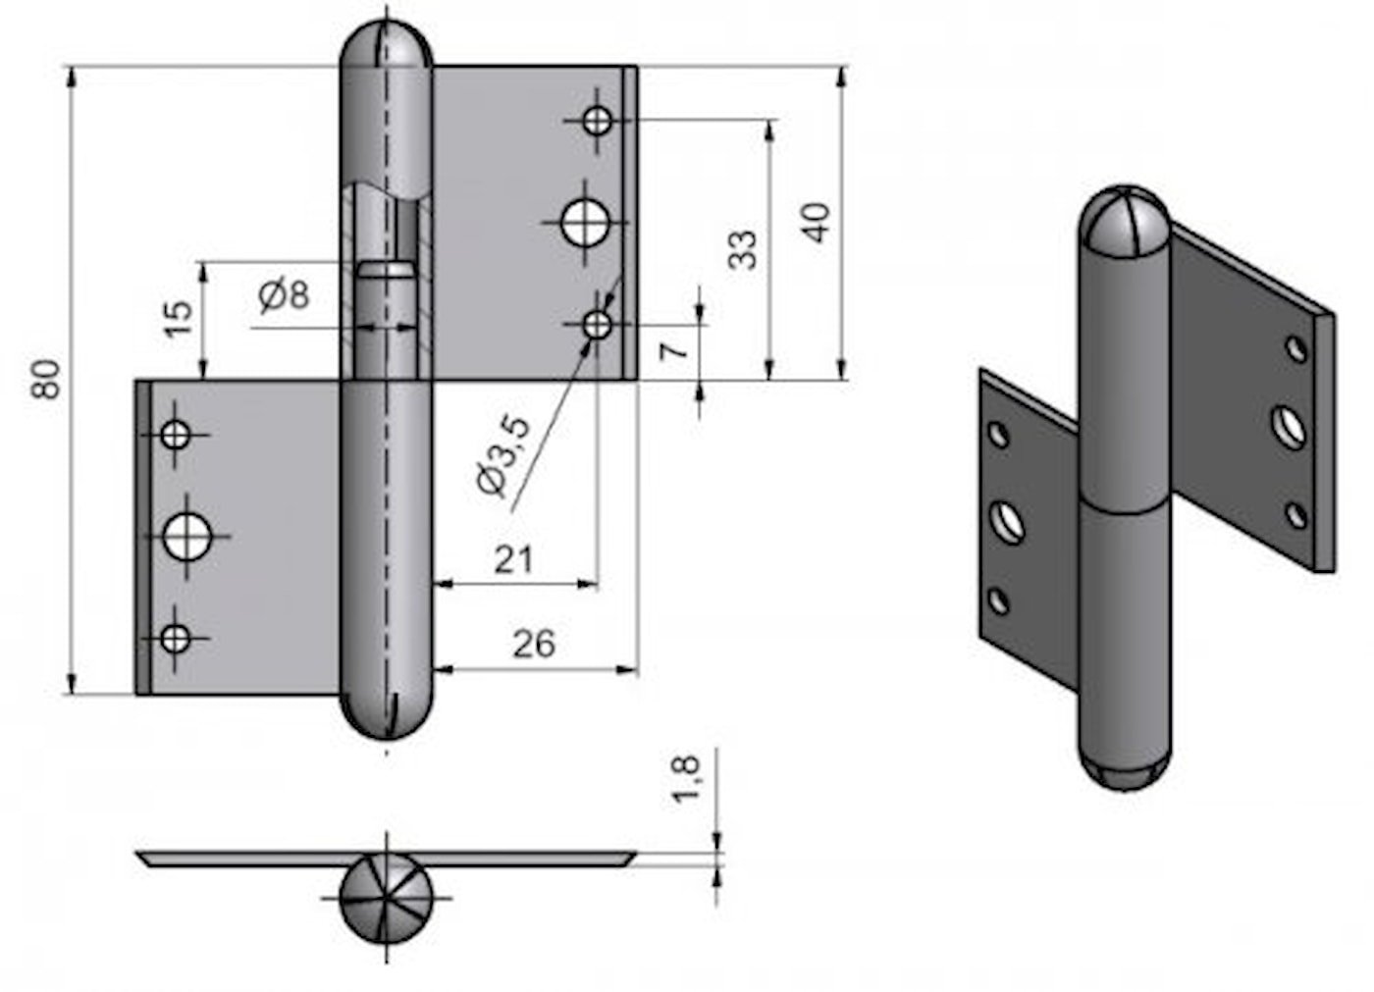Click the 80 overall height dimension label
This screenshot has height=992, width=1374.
[46, 380]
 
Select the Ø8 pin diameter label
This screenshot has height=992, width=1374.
[284, 293]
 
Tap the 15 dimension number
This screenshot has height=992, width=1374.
[179, 319]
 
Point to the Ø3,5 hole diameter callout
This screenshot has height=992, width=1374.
[503, 456]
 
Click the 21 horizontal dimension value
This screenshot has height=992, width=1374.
[513, 560]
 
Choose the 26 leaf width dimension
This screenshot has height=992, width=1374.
[534, 645]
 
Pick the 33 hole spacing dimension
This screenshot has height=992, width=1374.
[744, 249]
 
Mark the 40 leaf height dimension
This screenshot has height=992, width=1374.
[817, 222]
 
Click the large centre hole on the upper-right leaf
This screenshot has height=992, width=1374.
[584, 223]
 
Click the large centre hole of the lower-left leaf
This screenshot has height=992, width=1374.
[187, 537]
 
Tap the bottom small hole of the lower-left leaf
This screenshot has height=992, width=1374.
[176, 639]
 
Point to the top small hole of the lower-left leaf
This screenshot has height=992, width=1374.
[176, 434]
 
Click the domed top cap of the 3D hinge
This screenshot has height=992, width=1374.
[1126, 221]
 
